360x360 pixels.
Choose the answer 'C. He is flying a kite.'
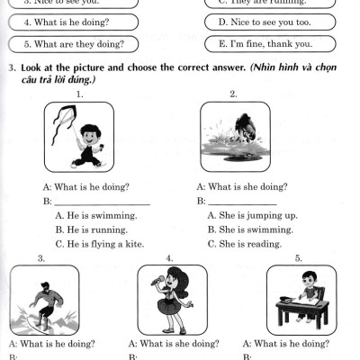pyautogui.click(x=99, y=244)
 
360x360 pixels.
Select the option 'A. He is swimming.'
pyautogui.click(x=95, y=215)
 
